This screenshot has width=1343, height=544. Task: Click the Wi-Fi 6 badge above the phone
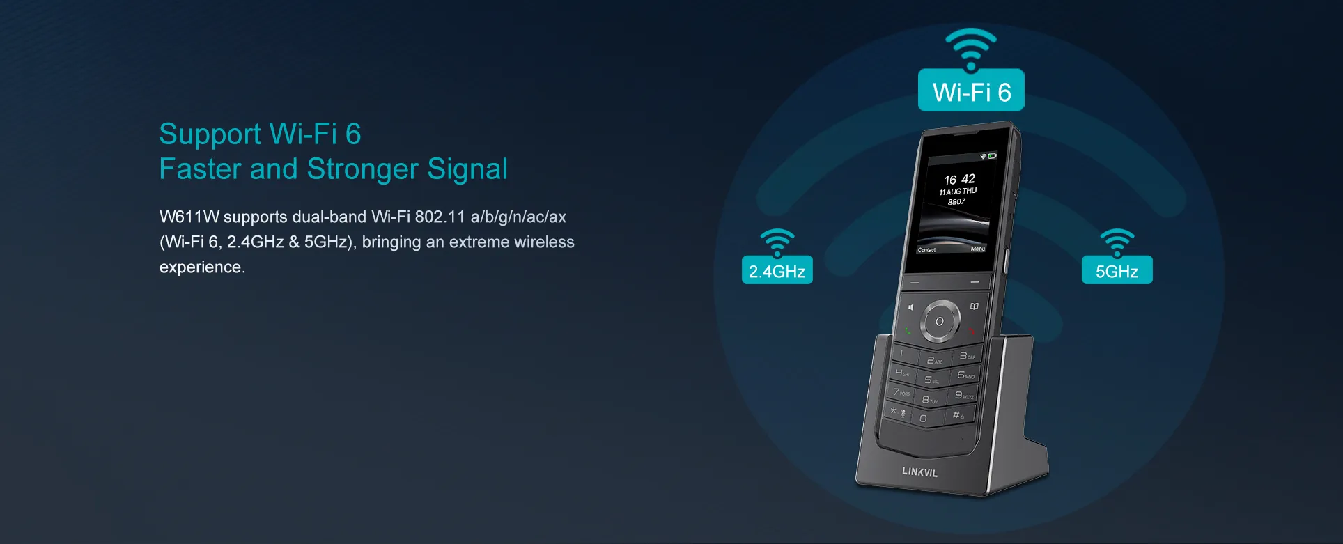[971, 90]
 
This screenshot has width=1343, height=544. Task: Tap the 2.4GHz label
[777, 270]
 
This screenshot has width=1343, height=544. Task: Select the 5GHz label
[1117, 270]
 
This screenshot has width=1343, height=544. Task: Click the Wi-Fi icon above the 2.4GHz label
[777, 242]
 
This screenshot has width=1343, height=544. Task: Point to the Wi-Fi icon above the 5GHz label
[1117, 242]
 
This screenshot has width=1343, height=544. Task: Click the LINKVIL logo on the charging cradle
[919, 472]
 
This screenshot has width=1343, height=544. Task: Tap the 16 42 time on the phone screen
[959, 179]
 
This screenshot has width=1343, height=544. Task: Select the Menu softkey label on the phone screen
[978, 249]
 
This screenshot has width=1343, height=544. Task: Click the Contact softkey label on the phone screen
[926, 249]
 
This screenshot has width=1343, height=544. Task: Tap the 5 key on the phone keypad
[931, 380]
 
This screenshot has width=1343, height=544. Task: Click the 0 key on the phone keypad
[924, 419]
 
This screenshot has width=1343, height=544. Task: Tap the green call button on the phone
[907, 330]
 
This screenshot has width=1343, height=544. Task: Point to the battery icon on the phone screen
[992, 156]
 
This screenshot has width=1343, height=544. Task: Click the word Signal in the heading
[467, 169]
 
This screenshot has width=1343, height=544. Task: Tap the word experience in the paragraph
[202, 267]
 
